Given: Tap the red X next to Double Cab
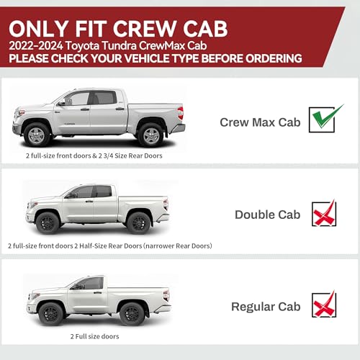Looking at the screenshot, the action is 324,214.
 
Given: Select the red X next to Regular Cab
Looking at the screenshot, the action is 324,305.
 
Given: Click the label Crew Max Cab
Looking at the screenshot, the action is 260,122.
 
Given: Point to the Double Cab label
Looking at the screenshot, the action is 268,215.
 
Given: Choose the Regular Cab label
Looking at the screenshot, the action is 266,307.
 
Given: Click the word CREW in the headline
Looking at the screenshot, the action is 145,29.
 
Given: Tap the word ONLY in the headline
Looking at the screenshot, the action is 38,29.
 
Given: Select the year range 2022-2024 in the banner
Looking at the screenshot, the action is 36,45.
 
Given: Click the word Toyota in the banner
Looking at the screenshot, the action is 82,46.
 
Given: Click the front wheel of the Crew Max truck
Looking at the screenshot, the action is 37,136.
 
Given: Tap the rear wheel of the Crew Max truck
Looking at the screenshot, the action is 151,136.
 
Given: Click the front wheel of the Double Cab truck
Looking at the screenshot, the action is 48,223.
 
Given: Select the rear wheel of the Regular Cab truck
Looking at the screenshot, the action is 132,314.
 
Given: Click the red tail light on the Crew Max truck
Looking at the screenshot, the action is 181,113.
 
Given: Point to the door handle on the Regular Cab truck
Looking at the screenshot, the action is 97,292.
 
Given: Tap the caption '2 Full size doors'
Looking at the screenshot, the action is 95,336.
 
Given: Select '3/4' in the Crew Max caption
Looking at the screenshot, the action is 108,156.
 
